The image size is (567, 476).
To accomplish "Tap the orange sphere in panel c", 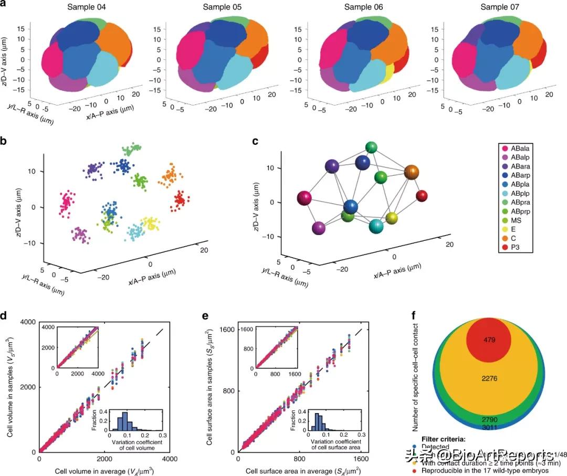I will [412, 171].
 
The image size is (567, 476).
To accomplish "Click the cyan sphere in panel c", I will [376, 226].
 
